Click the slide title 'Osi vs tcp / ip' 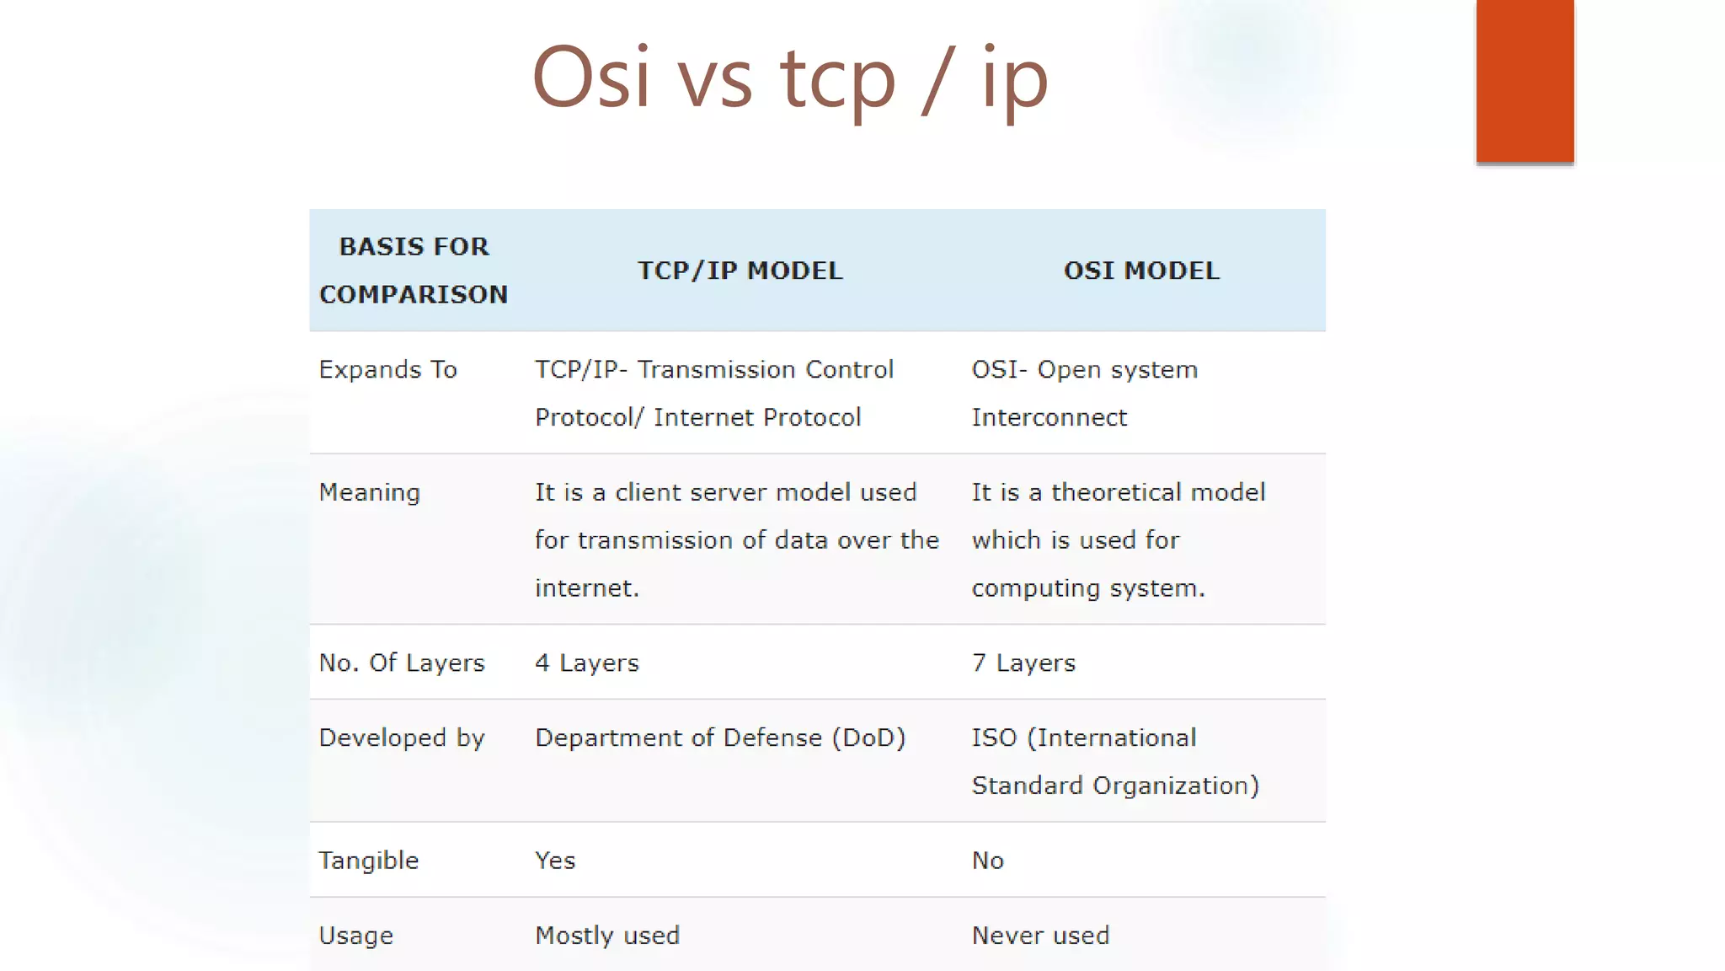click(790, 78)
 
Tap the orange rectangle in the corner click(1525, 81)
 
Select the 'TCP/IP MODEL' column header click(740, 271)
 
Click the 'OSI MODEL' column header click(1141, 271)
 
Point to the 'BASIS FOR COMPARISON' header click(414, 271)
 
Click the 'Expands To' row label click(387, 370)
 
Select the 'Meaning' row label click(369, 492)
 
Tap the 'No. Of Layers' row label click(402, 663)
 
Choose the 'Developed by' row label click(402, 738)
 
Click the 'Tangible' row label click(368, 861)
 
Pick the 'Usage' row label click(355, 936)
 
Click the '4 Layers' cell click(587, 663)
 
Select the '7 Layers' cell click(1023, 663)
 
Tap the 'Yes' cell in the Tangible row click(555, 861)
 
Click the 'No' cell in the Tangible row click(987, 861)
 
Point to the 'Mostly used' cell click(607, 936)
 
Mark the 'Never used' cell click(1040, 936)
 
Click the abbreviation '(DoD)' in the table click(868, 738)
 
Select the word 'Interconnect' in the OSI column click(1049, 417)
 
